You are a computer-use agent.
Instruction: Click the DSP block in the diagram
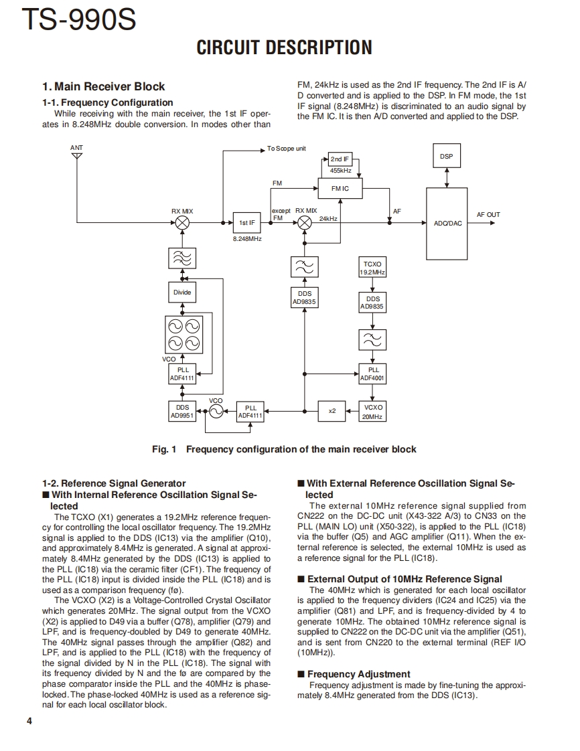tap(446, 157)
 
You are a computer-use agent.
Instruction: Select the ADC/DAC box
tap(447, 223)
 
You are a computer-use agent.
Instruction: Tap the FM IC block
tap(340, 189)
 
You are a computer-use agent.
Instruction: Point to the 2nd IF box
tap(340, 159)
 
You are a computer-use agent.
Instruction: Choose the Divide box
tap(182, 293)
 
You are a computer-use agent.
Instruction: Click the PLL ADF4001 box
tap(373, 373)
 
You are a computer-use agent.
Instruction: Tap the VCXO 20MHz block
tap(373, 411)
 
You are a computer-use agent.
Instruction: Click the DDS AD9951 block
tap(182, 411)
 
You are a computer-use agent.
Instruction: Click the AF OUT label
tap(488, 215)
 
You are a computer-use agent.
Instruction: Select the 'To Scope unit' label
tap(286, 148)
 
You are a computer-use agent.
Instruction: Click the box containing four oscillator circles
tap(182, 334)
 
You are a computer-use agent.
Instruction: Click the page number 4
tap(29, 721)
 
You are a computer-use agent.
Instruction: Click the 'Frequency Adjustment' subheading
tap(358, 674)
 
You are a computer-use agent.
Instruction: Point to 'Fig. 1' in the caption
tap(164, 449)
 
